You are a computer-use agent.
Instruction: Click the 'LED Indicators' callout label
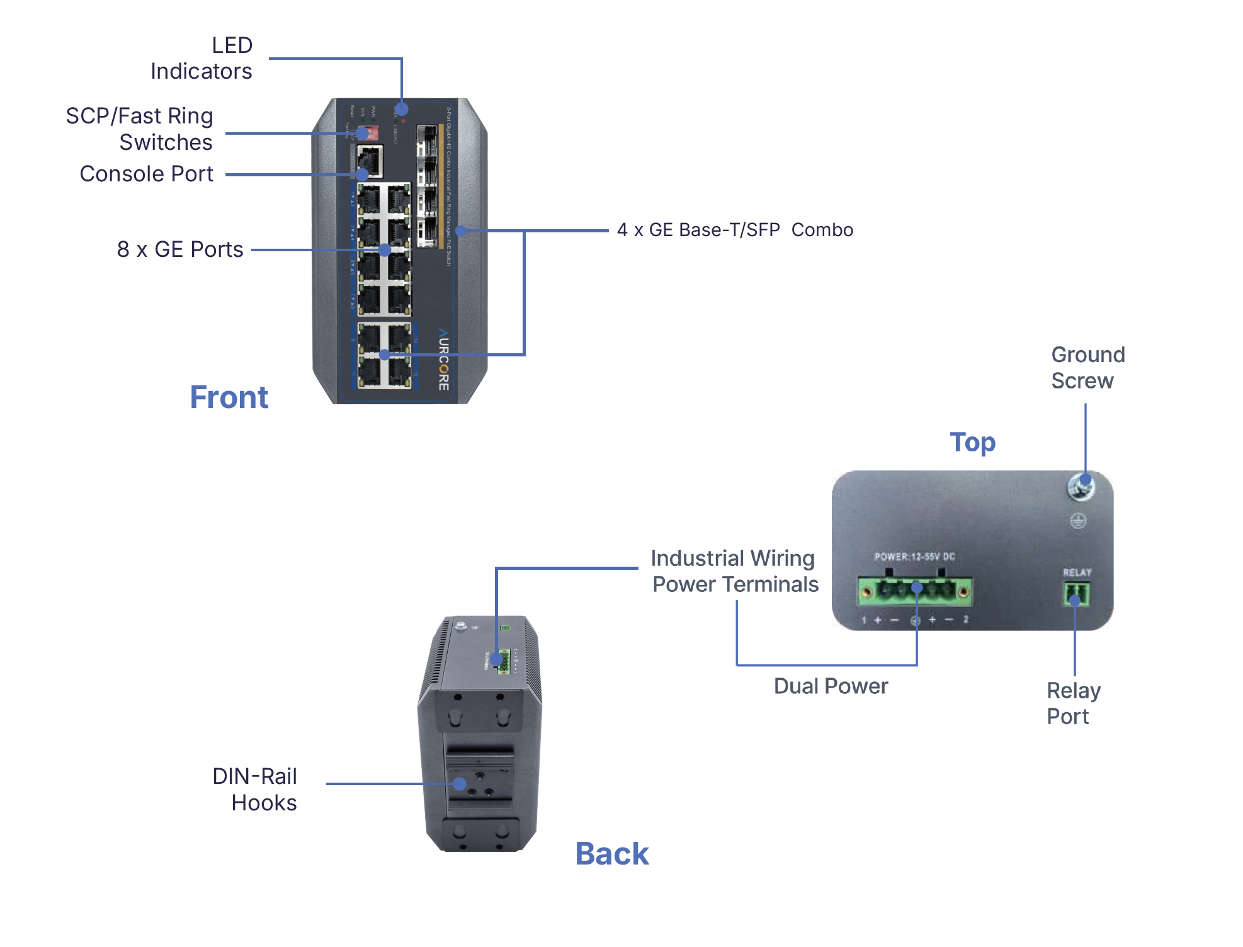pyautogui.click(x=201, y=58)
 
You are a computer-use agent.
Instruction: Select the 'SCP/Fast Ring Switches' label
pyautogui.click(x=140, y=129)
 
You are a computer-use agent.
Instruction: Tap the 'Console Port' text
pyautogui.click(x=147, y=174)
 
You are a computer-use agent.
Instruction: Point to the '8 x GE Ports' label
pyautogui.click(x=180, y=249)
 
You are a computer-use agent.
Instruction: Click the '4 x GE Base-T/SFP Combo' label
pyautogui.click(x=735, y=230)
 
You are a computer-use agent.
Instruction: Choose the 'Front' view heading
pyautogui.click(x=229, y=397)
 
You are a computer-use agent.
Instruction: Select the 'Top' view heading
pyautogui.click(x=972, y=442)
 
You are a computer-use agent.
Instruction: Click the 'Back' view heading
pyautogui.click(x=611, y=854)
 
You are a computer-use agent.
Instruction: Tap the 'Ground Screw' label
pyautogui.click(x=1087, y=368)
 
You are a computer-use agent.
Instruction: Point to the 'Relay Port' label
pyautogui.click(x=1073, y=703)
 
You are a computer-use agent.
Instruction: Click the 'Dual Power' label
pyautogui.click(x=831, y=686)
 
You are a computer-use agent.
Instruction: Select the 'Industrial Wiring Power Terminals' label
pyautogui.click(x=734, y=571)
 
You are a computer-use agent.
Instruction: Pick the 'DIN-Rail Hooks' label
pyautogui.click(x=255, y=790)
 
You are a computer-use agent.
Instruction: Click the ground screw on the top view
pyautogui.click(x=1081, y=487)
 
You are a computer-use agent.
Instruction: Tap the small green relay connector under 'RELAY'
pyautogui.click(x=1077, y=594)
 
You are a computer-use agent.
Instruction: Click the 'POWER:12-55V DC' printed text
pyautogui.click(x=914, y=557)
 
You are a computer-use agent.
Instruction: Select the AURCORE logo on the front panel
pyautogui.click(x=443, y=359)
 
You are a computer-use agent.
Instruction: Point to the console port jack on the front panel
pyautogui.click(x=370, y=161)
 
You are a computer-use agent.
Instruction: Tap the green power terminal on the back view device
pyautogui.click(x=502, y=661)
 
